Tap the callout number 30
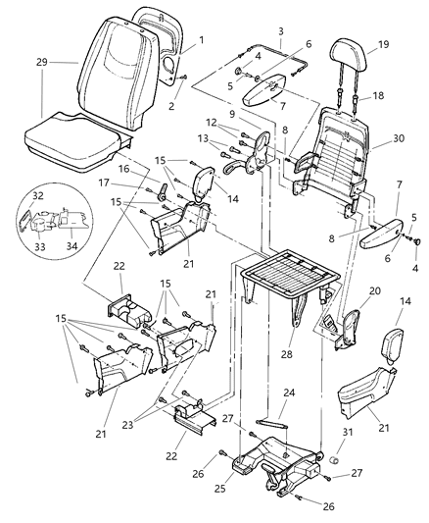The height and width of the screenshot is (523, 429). tap(400, 138)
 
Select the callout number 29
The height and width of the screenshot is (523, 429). tap(42, 63)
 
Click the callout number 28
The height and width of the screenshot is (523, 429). tap(286, 354)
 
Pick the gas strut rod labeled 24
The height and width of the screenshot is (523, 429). tap(271, 424)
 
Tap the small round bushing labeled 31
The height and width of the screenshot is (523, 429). tap(334, 460)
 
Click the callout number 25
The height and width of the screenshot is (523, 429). tap(220, 489)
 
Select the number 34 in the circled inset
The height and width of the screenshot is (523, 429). tap(71, 246)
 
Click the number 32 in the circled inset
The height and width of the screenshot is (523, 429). tap(38, 196)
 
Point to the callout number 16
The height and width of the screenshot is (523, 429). tap(123, 169)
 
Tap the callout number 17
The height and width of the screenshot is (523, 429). tap(104, 183)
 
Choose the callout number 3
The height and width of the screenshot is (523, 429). tap(281, 31)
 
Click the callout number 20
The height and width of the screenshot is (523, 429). tap(375, 290)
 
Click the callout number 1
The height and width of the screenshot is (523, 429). tap(202, 40)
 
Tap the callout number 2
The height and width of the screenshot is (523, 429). tap(171, 106)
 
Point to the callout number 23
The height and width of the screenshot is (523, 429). tap(127, 425)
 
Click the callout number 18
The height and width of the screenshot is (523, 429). tap(377, 96)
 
